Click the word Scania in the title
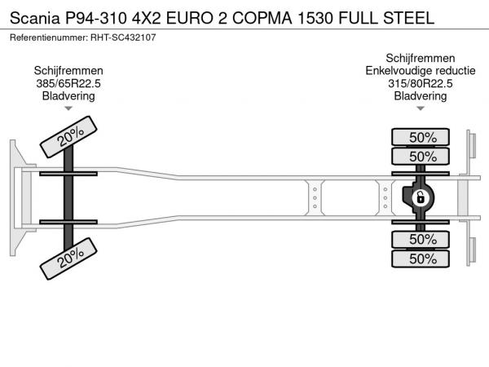tap(34, 18)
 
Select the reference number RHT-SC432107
tap(123, 38)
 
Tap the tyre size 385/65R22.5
tap(68, 83)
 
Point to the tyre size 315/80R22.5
tap(420, 83)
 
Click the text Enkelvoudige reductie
tap(421, 71)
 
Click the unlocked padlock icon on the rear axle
tap(420, 197)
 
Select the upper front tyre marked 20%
tap(68, 137)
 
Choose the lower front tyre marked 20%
tap(68, 259)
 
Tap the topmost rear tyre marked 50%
tap(421, 137)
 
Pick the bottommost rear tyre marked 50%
tap(421, 259)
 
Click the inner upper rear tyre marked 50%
tap(421, 156)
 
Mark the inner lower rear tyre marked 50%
tap(421, 239)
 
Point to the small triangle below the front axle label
tap(68, 108)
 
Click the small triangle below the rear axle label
tap(421, 108)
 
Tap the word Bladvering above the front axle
tap(68, 95)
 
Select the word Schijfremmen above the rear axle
tap(421, 58)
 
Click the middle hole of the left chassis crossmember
tap(315, 198)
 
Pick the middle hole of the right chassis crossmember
tap(385, 198)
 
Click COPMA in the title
tap(262, 18)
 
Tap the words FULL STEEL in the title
tap(386, 18)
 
